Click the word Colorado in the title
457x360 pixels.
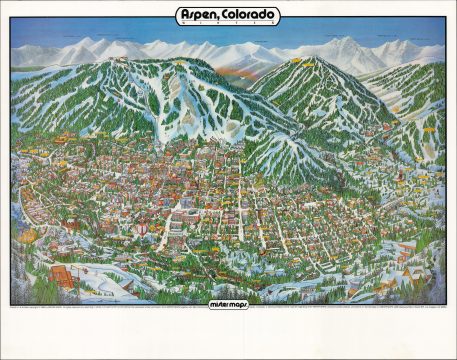250,15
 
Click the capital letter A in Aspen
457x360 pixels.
183,15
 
